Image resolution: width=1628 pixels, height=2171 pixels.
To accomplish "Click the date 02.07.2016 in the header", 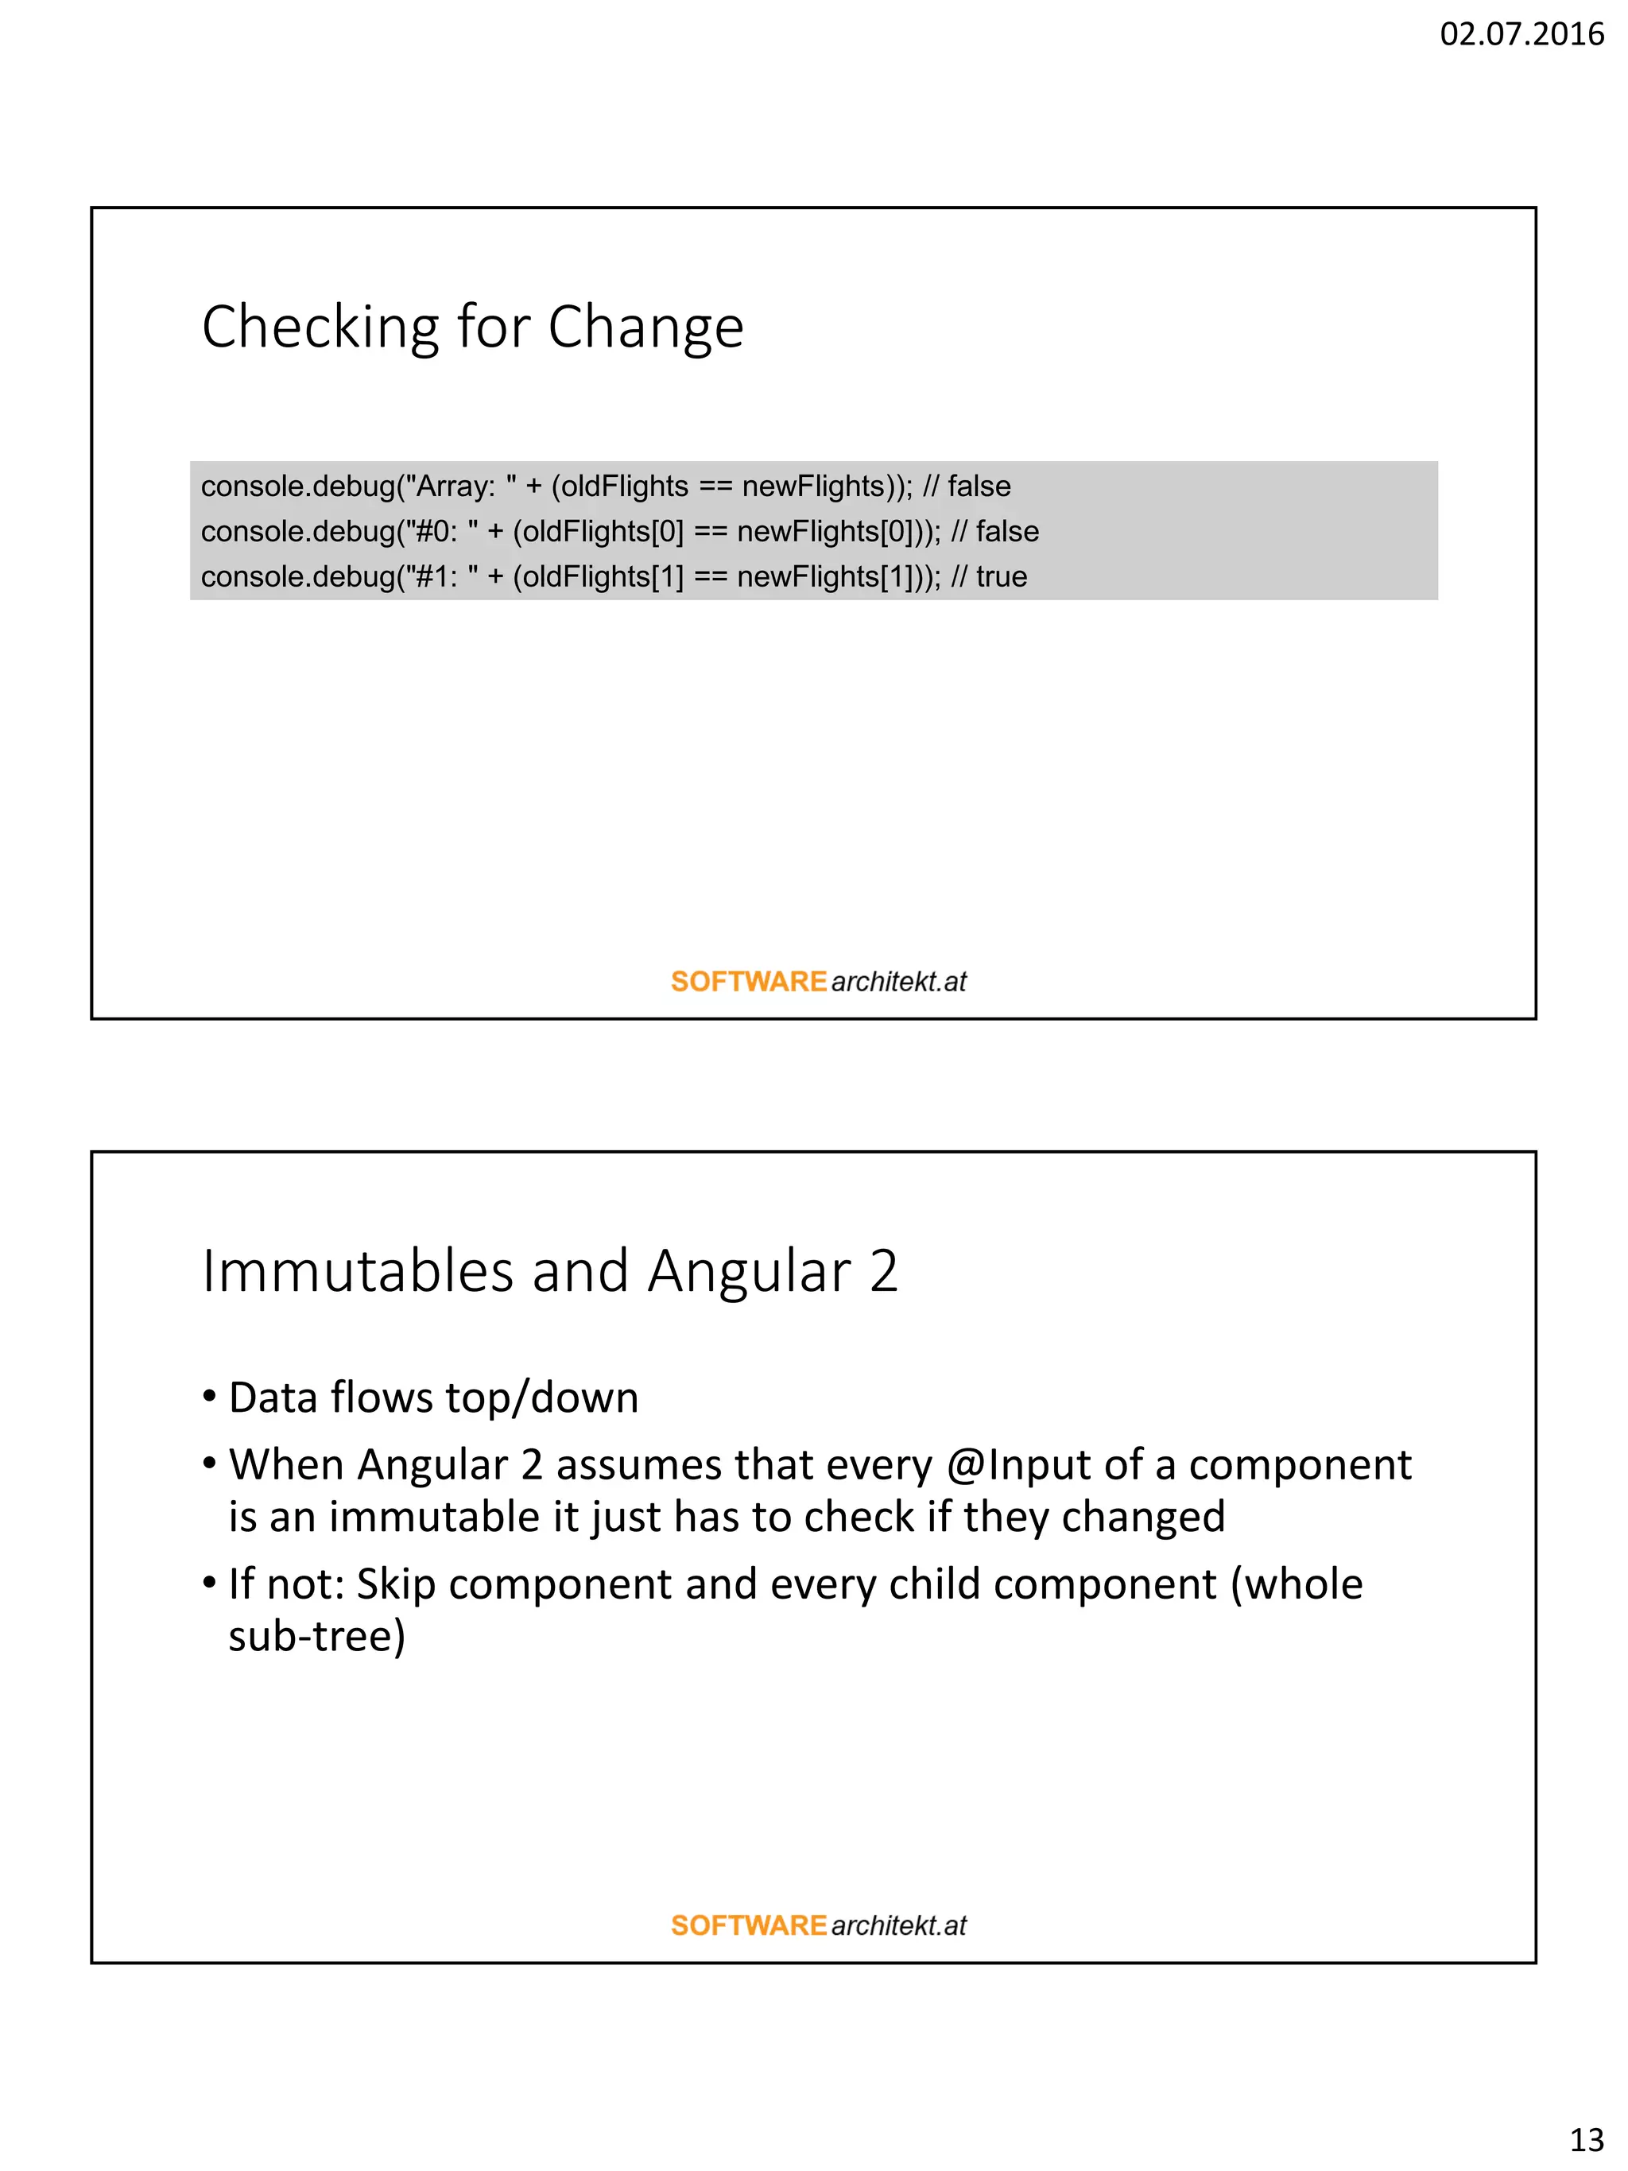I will (1520, 34).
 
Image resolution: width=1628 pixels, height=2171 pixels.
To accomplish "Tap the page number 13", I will (1586, 2138).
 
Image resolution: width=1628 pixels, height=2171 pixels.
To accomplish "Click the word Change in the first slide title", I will (645, 327).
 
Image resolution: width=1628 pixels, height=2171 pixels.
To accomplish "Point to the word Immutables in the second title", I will (357, 1271).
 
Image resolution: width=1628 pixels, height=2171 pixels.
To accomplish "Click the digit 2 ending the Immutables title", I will (883, 1271).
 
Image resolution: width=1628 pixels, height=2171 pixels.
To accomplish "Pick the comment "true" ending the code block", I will (1001, 576).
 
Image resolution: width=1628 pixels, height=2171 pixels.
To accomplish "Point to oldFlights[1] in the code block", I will (602, 576).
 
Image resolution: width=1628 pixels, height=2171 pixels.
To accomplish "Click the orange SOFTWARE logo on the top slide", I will (748, 982).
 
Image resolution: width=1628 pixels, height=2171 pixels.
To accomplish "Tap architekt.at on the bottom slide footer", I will (898, 1925).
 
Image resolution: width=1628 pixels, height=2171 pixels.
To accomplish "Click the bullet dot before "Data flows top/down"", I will (209, 1396).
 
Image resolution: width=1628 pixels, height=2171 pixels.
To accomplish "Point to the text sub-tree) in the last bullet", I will (316, 1636).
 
